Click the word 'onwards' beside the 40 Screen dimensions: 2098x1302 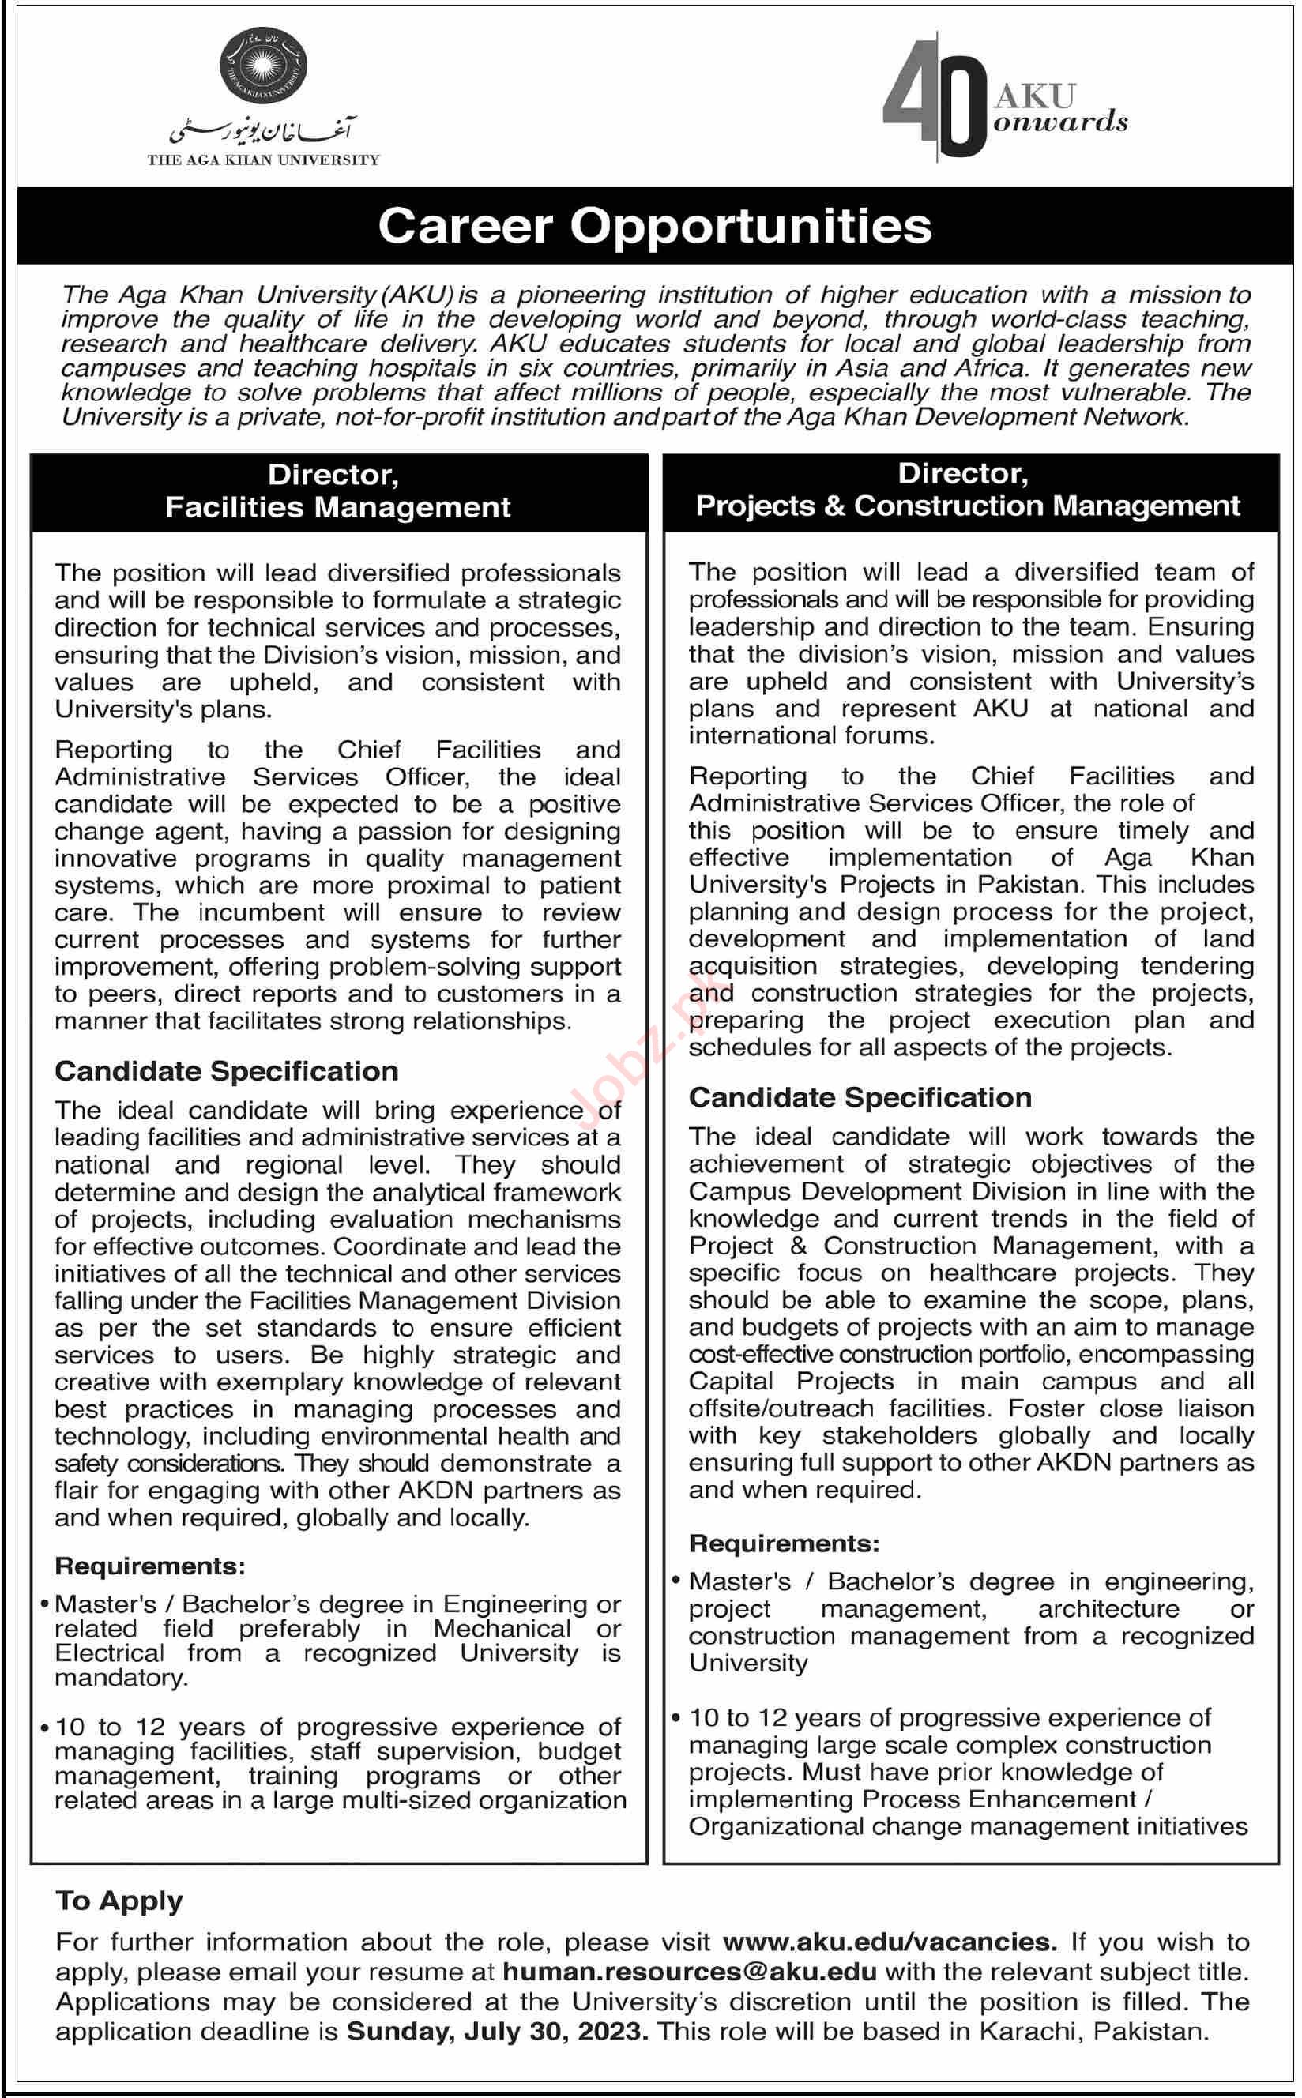(1060, 122)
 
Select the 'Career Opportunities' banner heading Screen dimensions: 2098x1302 (654, 226)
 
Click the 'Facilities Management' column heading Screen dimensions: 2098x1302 (337, 507)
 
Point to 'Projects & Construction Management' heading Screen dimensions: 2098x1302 (968, 506)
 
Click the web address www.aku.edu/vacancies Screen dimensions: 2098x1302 (890, 1942)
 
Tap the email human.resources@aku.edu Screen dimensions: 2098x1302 (690, 1972)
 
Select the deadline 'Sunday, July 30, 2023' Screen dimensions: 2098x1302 (497, 2032)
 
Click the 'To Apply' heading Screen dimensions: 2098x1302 (120, 1900)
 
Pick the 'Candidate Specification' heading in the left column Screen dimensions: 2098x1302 (227, 1071)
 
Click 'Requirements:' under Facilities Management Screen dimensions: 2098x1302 (150, 1566)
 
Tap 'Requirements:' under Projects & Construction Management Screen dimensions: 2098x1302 (784, 1543)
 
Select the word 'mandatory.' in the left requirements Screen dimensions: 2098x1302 (121, 1678)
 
